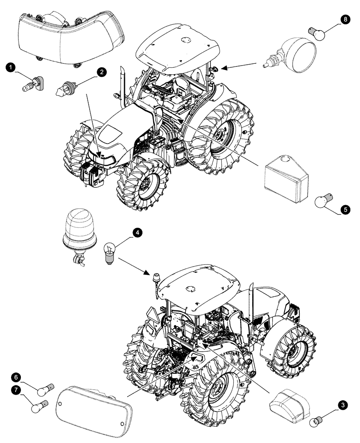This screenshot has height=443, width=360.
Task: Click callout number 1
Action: (10, 67)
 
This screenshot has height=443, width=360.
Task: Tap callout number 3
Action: (342, 404)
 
